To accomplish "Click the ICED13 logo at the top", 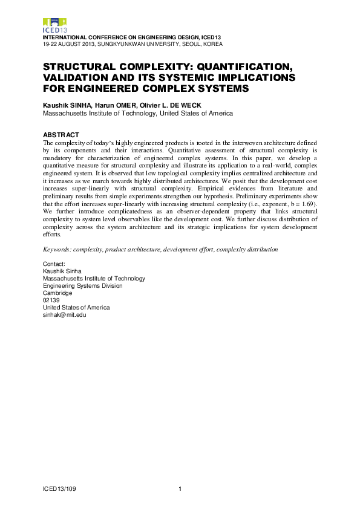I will click(55, 25).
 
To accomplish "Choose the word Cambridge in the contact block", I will click(58, 293).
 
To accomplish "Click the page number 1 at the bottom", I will click(180, 488).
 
